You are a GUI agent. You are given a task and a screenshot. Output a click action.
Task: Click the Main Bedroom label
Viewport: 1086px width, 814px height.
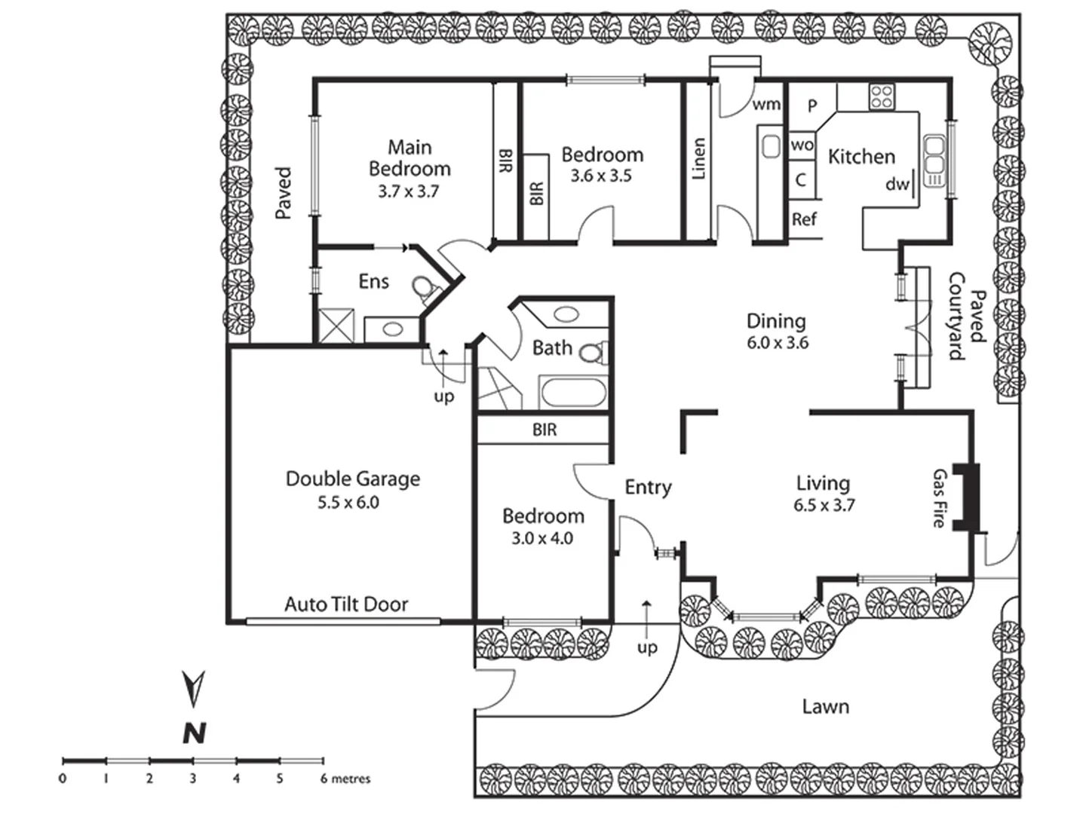pyautogui.click(x=409, y=158)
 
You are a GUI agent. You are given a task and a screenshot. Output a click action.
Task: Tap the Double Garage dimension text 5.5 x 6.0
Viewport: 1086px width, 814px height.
pyautogui.click(x=348, y=503)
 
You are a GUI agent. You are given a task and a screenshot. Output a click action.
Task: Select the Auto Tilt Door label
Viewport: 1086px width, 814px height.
pyautogui.click(x=346, y=604)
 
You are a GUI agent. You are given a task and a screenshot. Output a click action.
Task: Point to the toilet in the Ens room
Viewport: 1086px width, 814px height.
pyautogui.click(x=424, y=289)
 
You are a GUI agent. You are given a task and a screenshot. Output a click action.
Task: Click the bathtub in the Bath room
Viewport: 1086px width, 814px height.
pyautogui.click(x=572, y=393)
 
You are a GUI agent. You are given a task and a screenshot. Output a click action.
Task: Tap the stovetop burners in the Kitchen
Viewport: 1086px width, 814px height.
pyautogui.click(x=882, y=96)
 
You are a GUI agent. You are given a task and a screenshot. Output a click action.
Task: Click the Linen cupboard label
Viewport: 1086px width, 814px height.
pyautogui.click(x=698, y=158)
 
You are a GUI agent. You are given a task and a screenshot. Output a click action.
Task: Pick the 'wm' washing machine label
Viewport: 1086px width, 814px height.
pyautogui.click(x=766, y=104)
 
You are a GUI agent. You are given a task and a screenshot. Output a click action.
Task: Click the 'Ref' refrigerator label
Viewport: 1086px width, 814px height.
pyautogui.click(x=804, y=219)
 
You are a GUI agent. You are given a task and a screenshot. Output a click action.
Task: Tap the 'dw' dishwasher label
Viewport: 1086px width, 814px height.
pyautogui.click(x=897, y=183)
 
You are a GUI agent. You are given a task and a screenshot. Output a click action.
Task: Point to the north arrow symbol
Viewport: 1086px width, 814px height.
pyautogui.click(x=194, y=688)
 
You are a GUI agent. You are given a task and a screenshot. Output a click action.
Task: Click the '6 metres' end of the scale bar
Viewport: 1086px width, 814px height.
pyautogui.click(x=345, y=779)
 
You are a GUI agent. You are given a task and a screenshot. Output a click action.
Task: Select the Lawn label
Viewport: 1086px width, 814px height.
pyautogui.click(x=825, y=706)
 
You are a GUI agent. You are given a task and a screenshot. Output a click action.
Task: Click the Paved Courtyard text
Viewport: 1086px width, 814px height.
pyautogui.click(x=967, y=317)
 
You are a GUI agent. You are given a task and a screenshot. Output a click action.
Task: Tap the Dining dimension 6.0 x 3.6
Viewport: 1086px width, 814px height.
pyautogui.click(x=777, y=343)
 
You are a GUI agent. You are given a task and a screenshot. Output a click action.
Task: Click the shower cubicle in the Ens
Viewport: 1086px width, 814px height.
pyautogui.click(x=337, y=326)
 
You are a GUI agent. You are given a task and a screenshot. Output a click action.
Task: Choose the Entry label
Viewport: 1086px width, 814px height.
pyautogui.click(x=648, y=488)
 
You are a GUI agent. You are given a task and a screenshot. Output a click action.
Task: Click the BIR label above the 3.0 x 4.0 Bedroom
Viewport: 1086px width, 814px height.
pyautogui.click(x=545, y=430)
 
